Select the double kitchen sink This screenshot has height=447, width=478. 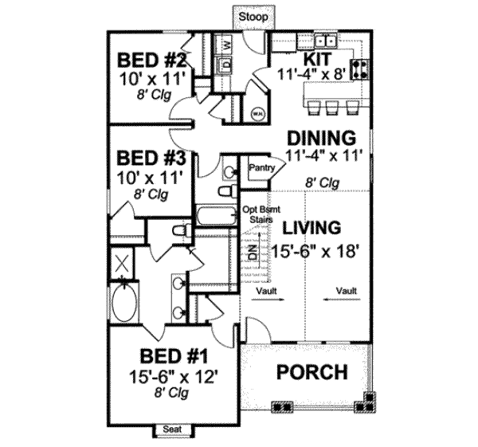(324, 41)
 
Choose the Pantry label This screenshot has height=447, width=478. (261, 168)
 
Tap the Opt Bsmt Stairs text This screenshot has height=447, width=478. (257, 215)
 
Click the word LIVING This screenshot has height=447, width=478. (316, 228)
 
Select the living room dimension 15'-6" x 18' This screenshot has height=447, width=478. (323, 250)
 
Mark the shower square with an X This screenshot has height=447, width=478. (123, 263)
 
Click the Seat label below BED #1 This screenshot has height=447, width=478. (171, 430)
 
